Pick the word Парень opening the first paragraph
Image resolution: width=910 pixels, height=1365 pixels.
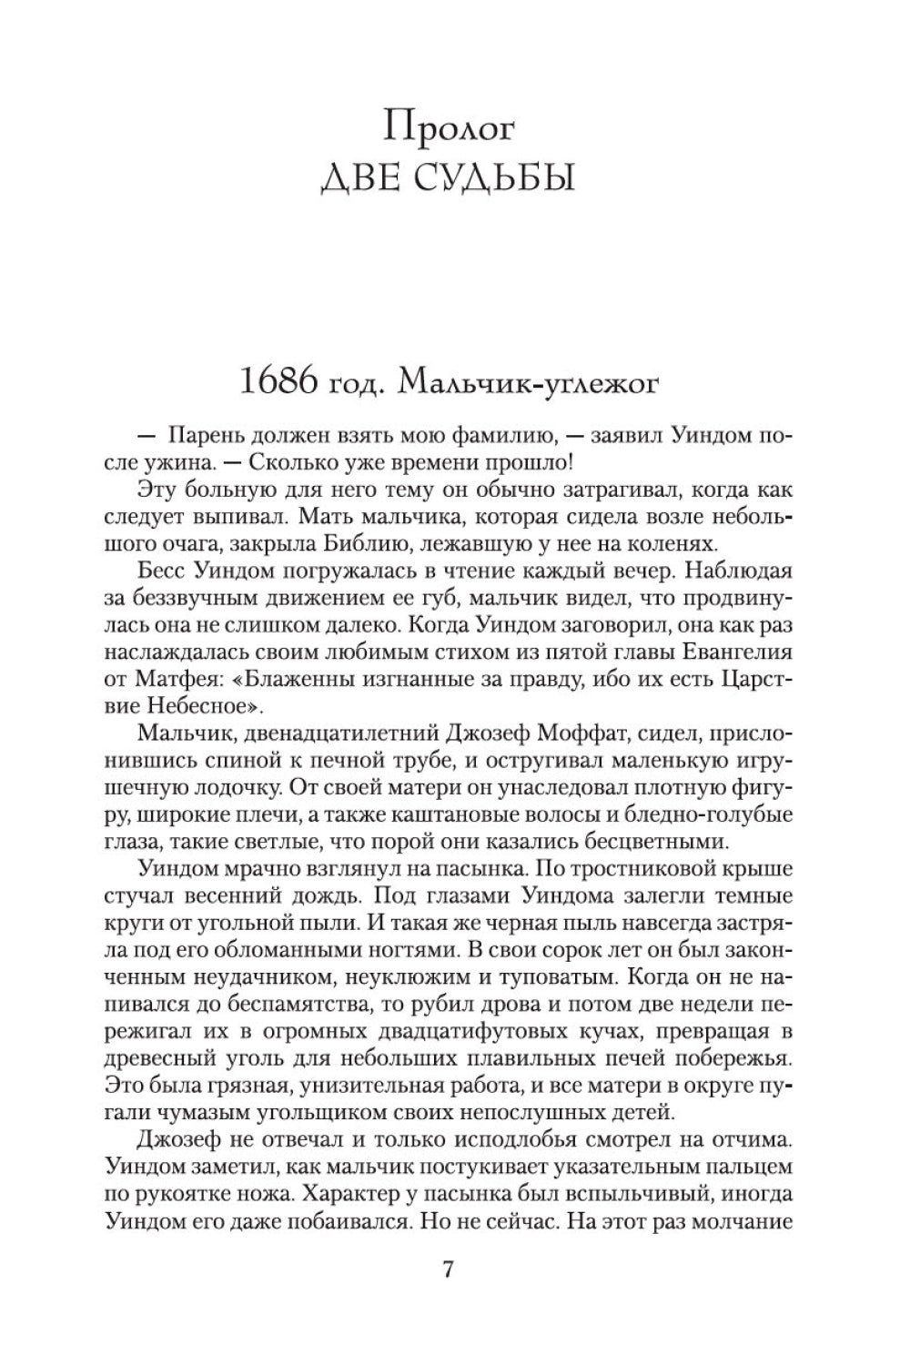(x=207, y=436)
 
